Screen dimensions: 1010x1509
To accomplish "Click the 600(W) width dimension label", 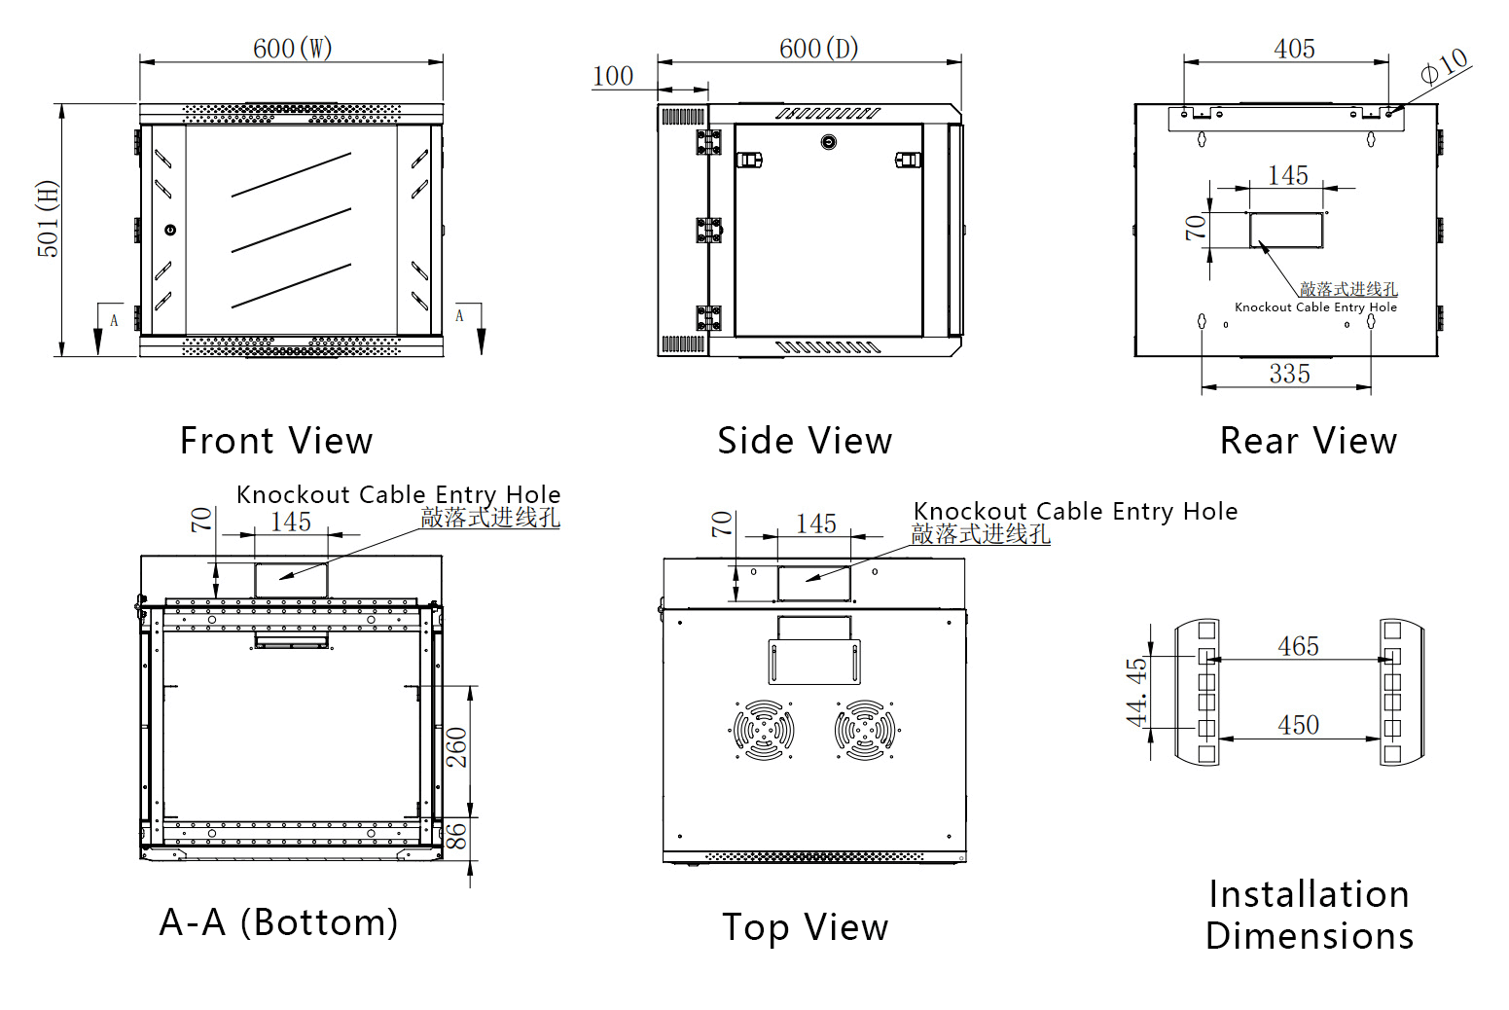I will pos(292,49).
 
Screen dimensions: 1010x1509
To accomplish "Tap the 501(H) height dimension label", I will pos(48,219).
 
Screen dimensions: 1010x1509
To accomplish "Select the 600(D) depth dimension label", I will pos(818,49).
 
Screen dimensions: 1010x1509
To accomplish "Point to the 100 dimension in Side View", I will pos(613,76).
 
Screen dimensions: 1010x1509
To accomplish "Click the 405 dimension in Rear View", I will pos(1294,49).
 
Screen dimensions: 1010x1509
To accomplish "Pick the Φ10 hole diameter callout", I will pos(1444,66).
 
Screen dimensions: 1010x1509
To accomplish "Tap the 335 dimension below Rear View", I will pos(1289,374).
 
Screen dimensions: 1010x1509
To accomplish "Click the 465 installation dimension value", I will pos(1298,646).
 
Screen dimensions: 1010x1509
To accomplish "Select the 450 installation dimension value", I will pos(1298,725).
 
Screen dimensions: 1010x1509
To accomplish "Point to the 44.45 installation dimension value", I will pos(1136,692).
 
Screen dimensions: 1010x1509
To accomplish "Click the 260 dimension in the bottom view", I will pos(457,747).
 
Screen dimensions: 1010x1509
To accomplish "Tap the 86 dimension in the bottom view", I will pos(457,835).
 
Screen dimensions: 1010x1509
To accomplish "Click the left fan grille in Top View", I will pos(763,729).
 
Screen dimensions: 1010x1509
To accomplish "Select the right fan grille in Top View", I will pos(865,729).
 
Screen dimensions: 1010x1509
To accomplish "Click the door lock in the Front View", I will pos(171,231).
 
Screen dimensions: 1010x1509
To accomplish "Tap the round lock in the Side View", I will pos(828,142).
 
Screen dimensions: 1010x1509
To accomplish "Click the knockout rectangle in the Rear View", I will pos(1286,231).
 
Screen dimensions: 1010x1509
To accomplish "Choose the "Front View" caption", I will pos(276,441).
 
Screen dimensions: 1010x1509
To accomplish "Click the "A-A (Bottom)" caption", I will pos(279,922).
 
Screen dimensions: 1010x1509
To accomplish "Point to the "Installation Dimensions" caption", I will pos(1309,915).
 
